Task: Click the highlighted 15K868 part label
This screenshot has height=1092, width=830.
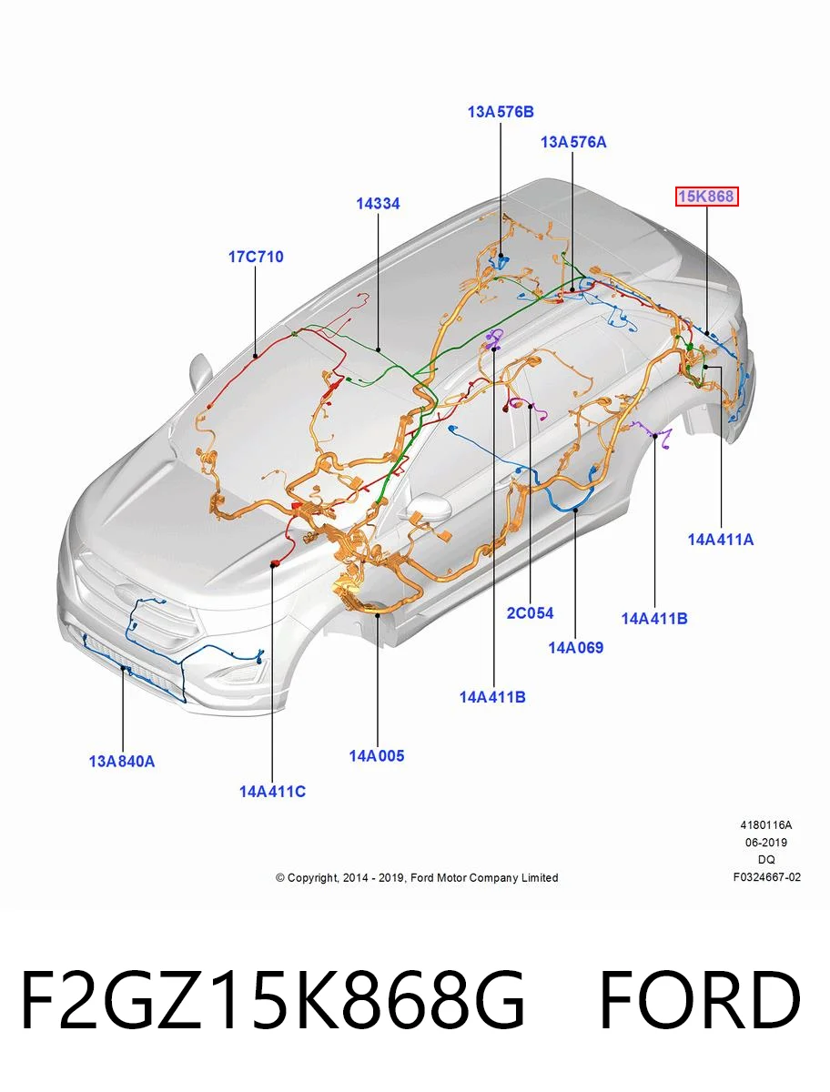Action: [706, 197]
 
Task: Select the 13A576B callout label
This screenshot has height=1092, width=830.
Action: [501, 112]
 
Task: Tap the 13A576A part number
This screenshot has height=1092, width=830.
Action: [573, 142]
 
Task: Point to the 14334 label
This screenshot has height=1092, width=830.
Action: [378, 204]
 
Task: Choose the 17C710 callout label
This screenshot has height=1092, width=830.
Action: [256, 257]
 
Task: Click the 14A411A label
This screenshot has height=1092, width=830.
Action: [721, 540]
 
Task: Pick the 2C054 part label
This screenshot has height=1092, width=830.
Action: [530, 613]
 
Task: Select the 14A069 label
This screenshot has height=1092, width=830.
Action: [575, 648]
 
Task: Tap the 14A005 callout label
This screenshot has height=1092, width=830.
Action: [377, 756]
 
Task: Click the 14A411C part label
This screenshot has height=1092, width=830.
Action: [272, 792]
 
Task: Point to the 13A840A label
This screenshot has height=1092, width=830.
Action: [122, 762]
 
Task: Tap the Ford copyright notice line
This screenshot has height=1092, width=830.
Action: [417, 878]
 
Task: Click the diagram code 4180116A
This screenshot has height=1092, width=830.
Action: [766, 825]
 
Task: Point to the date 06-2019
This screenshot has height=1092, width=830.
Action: [766, 843]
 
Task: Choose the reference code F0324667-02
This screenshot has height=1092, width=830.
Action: [767, 877]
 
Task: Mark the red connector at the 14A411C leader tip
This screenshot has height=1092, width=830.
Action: [274, 563]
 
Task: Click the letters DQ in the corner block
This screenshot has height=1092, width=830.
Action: [766, 860]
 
